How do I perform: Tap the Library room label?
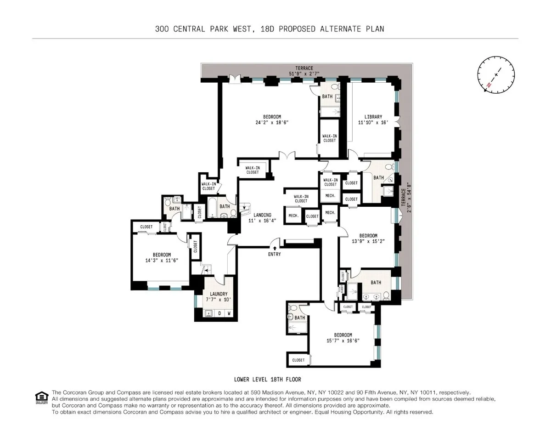tap(370, 117)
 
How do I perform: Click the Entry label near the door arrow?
tap(274, 254)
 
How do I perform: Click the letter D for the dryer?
tap(219, 314)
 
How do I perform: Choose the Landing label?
tap(262, 215)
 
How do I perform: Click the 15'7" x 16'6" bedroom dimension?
tap(343, 341)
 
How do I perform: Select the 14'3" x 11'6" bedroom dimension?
tap(162, 261)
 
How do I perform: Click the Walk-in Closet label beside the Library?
tap(329, 138)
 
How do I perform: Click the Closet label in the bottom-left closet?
tap(298, 360)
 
